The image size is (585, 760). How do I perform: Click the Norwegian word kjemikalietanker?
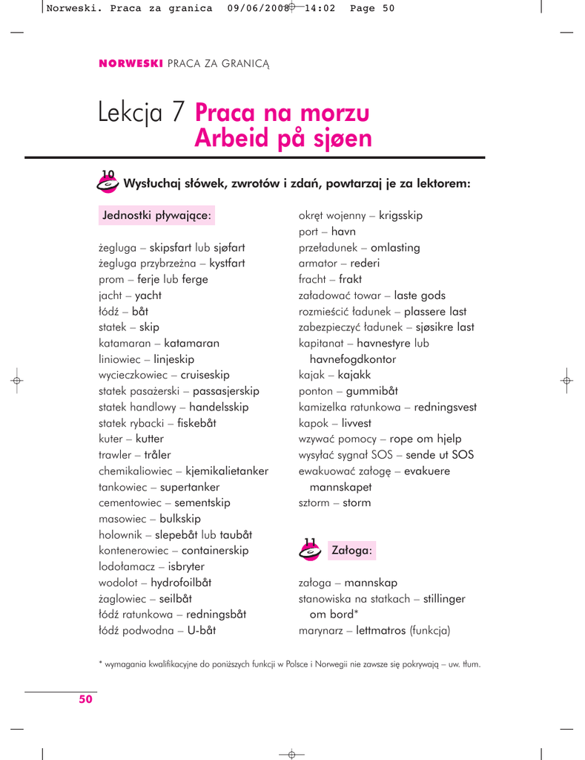click(227, 471)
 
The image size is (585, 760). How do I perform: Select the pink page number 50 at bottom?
click(86, 698)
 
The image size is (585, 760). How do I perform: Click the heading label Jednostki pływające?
click(157, 216)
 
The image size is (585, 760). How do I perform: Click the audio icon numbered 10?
click(108, 181)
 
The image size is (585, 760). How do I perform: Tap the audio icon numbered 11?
click(309, 549)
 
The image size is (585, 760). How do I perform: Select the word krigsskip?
click(400, 215)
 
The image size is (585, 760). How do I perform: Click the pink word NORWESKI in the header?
click(130, 64)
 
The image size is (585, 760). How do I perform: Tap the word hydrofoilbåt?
click(187, 583)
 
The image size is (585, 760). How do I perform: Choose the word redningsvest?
click(446, 407)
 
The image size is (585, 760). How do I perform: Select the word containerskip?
click(215, 551)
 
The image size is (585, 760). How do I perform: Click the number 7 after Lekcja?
click(179, 113)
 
